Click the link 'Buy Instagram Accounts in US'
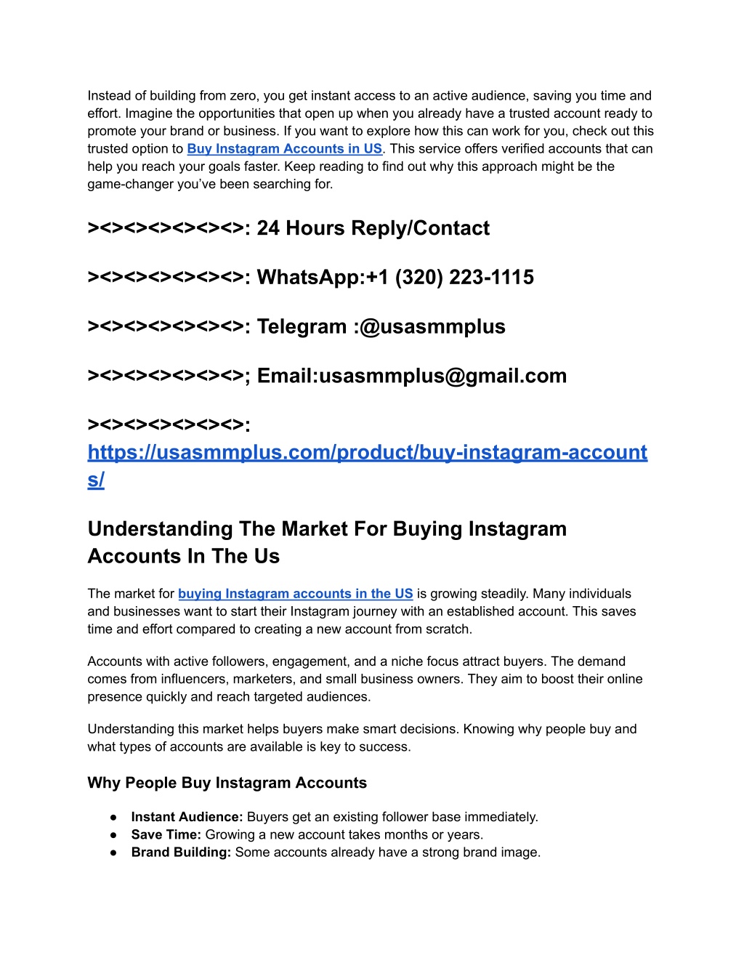point(284,149)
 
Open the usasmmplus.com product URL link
point(367,453)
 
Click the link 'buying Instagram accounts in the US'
point(295,594)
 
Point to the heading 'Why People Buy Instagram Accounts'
point(227,783)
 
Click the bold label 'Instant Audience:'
point(187,817)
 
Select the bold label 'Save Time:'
point(166,835)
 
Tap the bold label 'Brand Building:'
point(181,853)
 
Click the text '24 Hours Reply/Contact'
point(373,228)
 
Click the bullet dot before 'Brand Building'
point(113,853)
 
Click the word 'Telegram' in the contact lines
point(302,327)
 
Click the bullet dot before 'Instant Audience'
point(113,817)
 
